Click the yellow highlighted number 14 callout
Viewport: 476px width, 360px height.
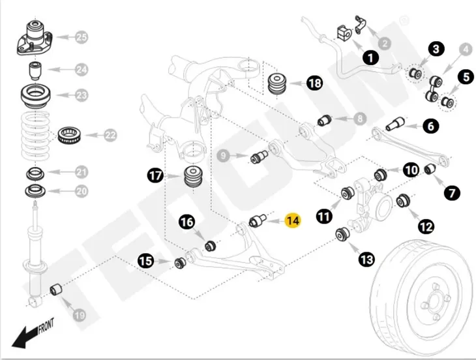[292, 220]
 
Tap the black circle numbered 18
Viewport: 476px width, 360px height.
[314, 83]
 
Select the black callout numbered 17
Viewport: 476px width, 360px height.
[155, 175]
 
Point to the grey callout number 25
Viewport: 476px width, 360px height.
[81, 37]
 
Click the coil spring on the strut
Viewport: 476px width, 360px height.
[36, 136]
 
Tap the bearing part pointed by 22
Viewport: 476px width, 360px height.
[69, 135]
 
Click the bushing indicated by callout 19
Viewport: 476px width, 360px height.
[56, 289]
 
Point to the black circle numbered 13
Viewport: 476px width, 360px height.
[366, 260]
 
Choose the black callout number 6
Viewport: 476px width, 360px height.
[431, 126]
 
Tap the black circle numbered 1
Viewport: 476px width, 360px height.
[370, 57]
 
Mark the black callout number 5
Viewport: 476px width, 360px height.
[466, 77]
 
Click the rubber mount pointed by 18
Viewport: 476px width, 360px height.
[278, 83]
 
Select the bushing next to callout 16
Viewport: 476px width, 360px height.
[210, 245]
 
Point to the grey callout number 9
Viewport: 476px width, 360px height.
[224, 156]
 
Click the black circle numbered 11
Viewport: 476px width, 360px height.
[324, 217]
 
